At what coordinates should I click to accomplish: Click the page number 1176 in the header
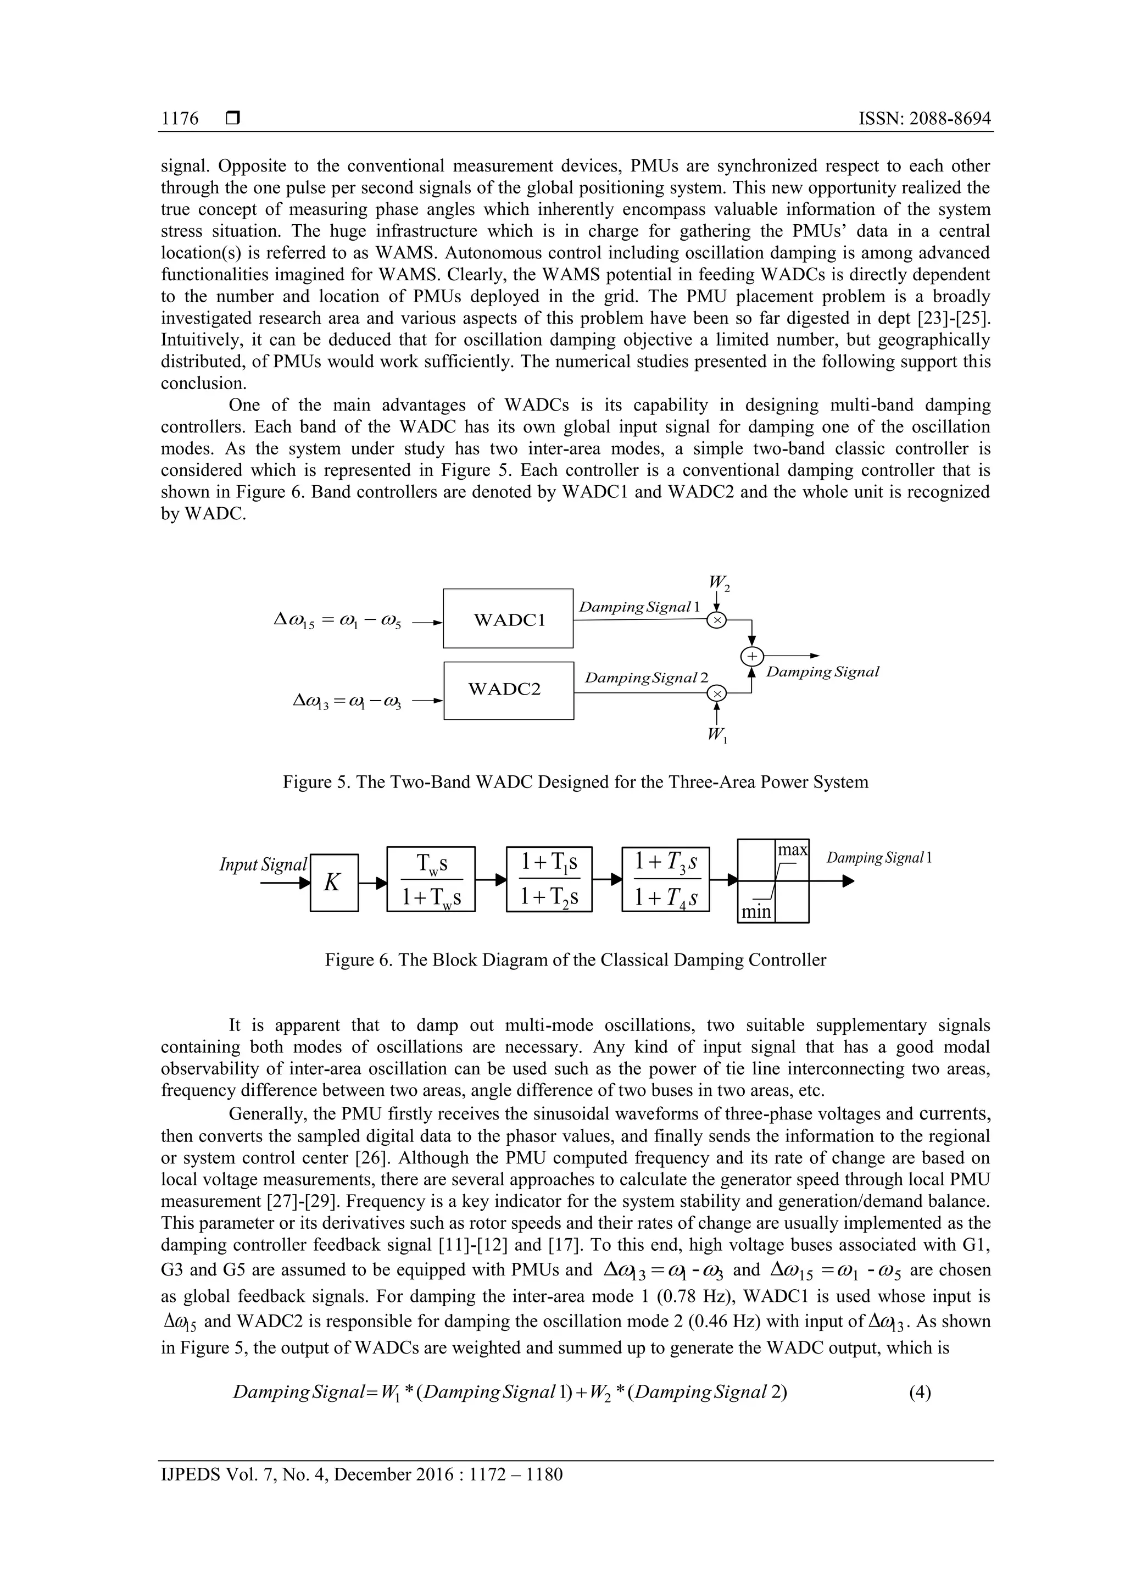tap(180, 119)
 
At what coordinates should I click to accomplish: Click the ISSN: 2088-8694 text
tap(924, 119)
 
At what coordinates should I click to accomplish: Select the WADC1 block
tap(508, 618)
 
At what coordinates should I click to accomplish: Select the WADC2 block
tap(508, 690)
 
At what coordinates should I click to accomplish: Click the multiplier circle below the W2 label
tap(717, 620)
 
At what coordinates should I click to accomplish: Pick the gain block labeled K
tap(333, 883)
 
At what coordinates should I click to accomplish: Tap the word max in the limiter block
tap(792, 850)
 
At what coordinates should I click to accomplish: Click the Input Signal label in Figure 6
tap(263, 864)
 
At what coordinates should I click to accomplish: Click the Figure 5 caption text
tap(575, 782)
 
